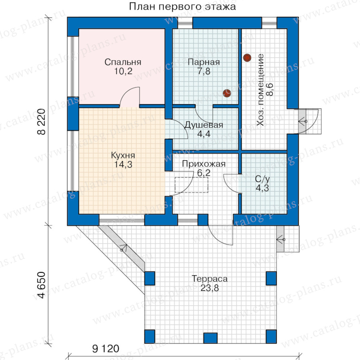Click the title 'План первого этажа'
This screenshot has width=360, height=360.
pyautogui.click(x=182, y=6)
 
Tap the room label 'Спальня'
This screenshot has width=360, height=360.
pyautogui.click(x=123, y=62)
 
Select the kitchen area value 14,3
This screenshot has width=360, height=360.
pyautogui.click(x=123, y=164)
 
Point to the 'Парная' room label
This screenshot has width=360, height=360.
pyautogui.click(x=204, y=62)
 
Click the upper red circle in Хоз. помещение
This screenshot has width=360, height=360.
pyautogui.click(x=247, y=58)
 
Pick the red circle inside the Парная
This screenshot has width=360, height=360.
pyautogui.click(x=227, y=93)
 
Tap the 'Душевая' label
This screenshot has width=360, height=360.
pyautogui.click(x=204, y=125)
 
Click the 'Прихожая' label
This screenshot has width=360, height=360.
pyautogui.click(x=204, y=164)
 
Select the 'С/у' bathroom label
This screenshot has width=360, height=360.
pyautogui.click(x=262, y=179)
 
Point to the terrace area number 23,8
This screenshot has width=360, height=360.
pyautogui.click(x=210, y=288)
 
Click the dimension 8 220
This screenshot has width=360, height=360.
pyautogui.click(x=41, y=122)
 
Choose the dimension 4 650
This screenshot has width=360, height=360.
pyautogui.click(x=41, y=285)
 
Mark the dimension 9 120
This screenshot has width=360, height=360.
pyautogui.click(x=106, y=349)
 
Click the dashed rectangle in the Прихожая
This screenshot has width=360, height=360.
pyautogui.click(x=192, y=185)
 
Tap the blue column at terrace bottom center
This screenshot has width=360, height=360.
pyautogui.click(x=210, y=338)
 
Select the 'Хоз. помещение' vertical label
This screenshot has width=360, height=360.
pyautogui.click(x=260, y=90)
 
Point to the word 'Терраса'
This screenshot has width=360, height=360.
pyautogui.click(x=210, y=279)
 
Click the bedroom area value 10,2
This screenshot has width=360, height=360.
pyautogui.click(x=123, y=71)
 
